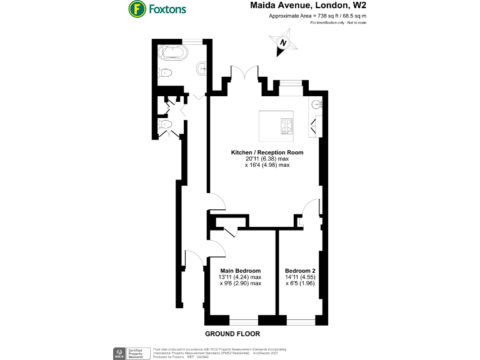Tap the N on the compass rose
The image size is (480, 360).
pyautogui.click(x=284, y=43)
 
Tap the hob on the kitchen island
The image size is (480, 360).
pyautogui.click(x=286, y=126)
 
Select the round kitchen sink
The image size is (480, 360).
pyautogui.click(x=316, y=104)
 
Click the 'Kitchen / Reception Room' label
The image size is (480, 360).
pyautogui.click(x=267, y=152)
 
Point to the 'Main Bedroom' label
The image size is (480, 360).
pyautogui.click(x=240, y=271)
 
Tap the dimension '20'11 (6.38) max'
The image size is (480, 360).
pyautogui.click(x=267, y=159)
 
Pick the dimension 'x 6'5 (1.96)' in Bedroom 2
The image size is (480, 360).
pyautogui.click(x=300, y=283)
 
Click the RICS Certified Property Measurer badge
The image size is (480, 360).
pyautogui.click(x=132, y=352)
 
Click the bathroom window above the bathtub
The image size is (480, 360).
pyautogui.click(x=192, y=41)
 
